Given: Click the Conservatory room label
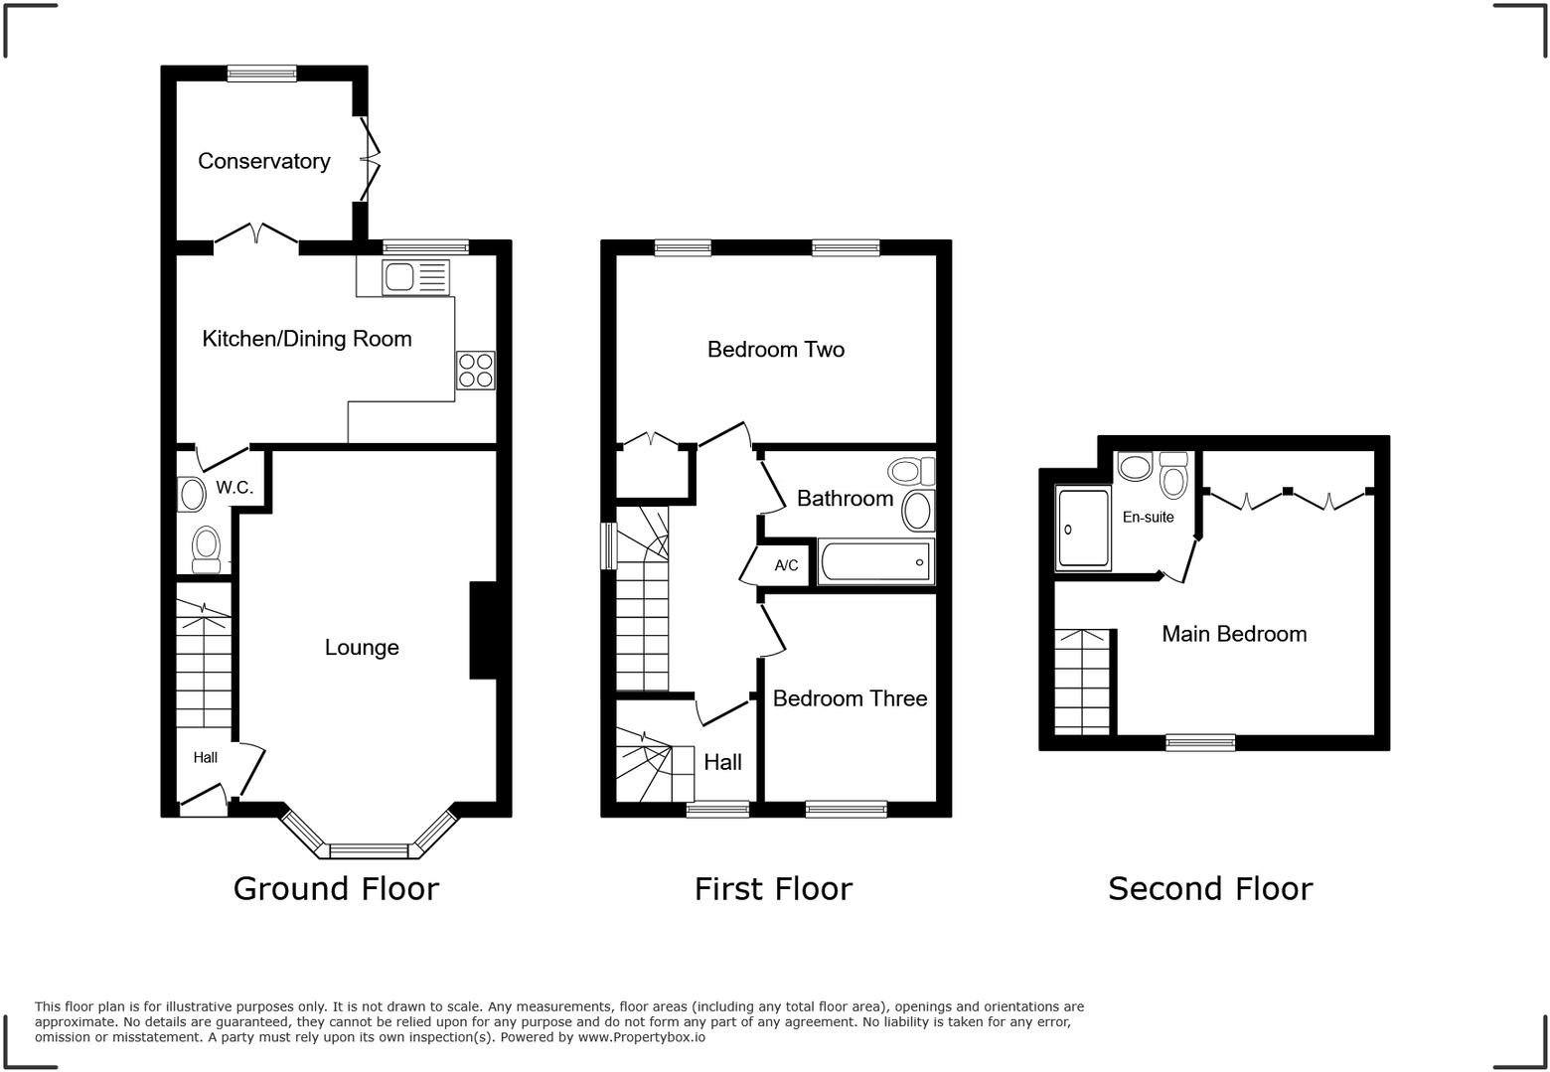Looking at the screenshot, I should coord(263,161).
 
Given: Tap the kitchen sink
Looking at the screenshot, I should coord(415,277).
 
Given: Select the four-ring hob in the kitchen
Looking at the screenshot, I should coord(475,371).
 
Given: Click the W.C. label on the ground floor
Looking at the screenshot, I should coord(234,488).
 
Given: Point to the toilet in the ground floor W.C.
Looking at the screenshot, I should coord(206,547).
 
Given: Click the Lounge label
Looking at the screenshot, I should coord(362,648).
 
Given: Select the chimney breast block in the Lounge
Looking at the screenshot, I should coord(483,630).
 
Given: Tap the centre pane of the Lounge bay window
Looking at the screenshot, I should coord(369,850).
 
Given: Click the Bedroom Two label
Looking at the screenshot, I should coord(775,350).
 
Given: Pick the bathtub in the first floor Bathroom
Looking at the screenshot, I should coord(874,562).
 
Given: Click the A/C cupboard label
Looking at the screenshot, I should coord(786,566).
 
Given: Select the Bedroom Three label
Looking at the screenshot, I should coord(850,698).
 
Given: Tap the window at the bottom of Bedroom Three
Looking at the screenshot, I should coord(846,809).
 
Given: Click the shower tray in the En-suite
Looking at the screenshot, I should coord(1083,529).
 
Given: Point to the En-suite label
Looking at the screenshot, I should coord(1148,518).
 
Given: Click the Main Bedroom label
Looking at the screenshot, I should coord(1234,634).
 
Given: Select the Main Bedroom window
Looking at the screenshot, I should coord(1200,742).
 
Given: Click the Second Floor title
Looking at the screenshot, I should coord(1209,888).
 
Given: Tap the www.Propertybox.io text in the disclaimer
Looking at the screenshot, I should coord(641,1037).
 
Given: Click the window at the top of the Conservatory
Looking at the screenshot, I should coord(261,73).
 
